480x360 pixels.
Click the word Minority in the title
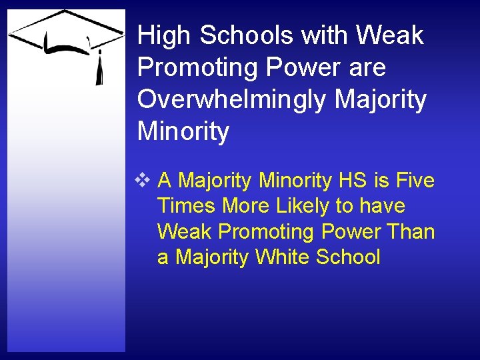pyautogui.click(x=183, y=132)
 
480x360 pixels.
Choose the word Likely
pyautogui.click(x=299, y=206)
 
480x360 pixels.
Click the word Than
pyautogui.click(x=411, y=231)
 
